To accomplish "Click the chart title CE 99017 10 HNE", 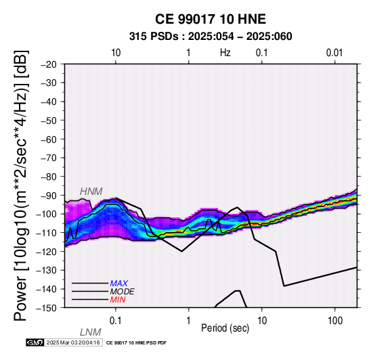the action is click(211, 19).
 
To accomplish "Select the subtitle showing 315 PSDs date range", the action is click(211, 37).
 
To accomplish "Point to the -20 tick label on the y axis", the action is click(49, 64).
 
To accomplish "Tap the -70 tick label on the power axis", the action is click(49, 158).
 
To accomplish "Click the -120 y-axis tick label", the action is click(47, 252).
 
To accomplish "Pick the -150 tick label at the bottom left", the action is click(47, 308).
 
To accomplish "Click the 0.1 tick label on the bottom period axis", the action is click(116, 321).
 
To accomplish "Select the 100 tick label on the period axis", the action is click(335, 321).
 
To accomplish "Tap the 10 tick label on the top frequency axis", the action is click(116, 53).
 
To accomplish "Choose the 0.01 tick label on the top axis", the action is click(334, 53).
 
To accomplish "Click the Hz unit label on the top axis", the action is click(225, 53).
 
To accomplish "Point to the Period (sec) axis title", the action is click(225, 328).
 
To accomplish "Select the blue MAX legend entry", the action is click(119, 284).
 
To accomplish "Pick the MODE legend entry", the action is click(123, 292).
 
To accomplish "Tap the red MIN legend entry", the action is click(118, 300).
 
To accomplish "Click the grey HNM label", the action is click(91, 192).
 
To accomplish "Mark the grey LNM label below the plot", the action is click(91, 332).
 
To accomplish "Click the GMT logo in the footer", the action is click(35, 343).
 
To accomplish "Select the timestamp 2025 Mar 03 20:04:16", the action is click(73, 343).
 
